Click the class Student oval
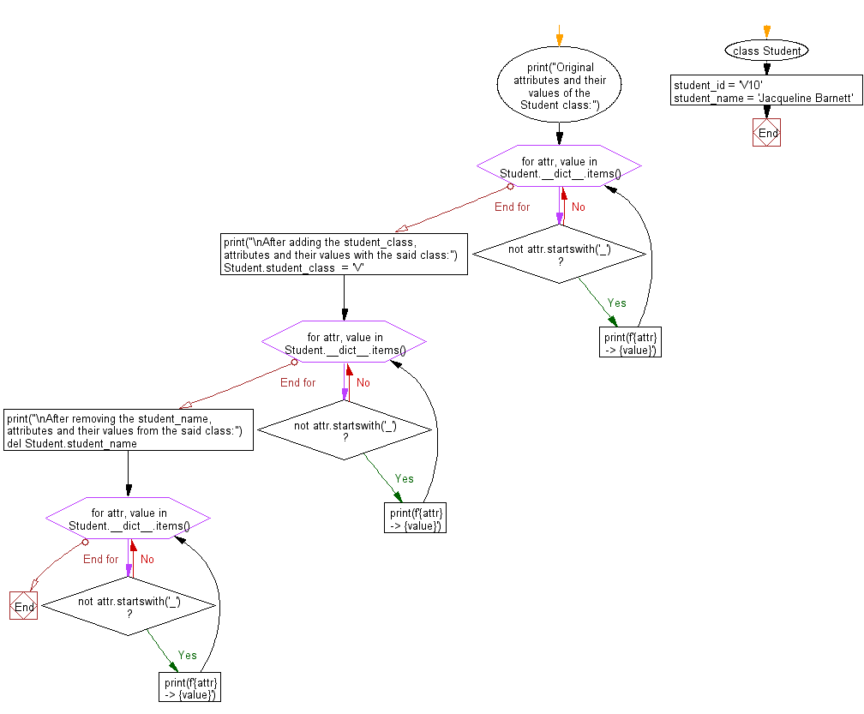tap(766, 51)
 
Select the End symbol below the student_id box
tap(766, 133)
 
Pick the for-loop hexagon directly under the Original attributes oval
tap(559, 165)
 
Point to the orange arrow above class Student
tap(766, 32)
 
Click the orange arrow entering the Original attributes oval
tap(559, 36)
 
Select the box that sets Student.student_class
tap(344, 255)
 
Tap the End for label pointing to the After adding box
tap(512, 207)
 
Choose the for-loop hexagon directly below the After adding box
tap(345, 342)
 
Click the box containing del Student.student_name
tap(129, 429)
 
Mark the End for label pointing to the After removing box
tap(297, 383)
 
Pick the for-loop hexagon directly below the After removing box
tap(129, 518)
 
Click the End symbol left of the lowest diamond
tap(24, 605)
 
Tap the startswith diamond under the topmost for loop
tap(559, 255)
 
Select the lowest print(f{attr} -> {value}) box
tap(189, 687)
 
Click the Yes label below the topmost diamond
tap(616, 303)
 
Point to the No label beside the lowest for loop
tap(147, 559)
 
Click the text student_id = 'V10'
tap(718, 85)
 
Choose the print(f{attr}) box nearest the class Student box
tap(630, 342)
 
